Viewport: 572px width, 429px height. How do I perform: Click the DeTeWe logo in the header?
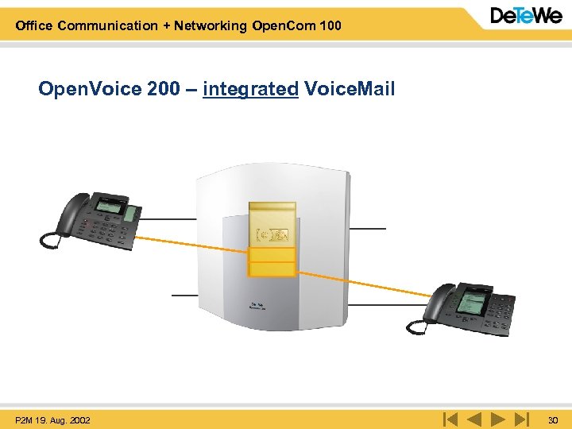tap(526, 16)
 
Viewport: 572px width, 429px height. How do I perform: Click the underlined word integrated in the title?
tap(250, 89)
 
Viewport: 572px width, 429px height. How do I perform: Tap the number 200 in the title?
tap(164, 89)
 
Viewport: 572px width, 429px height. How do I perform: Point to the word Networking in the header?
tap(208, 25)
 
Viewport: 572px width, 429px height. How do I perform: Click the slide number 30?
tap(553, 419)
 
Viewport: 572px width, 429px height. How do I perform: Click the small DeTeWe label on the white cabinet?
tap(257, 305)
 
